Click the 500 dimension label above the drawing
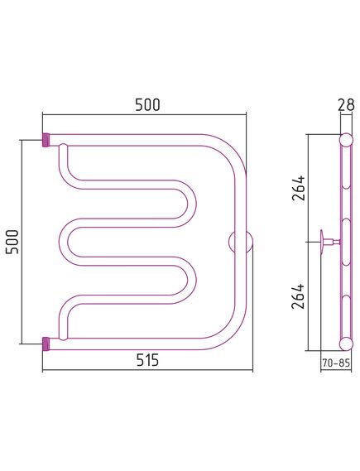(147, 105)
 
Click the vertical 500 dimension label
(12, 242)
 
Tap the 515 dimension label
(147, 360)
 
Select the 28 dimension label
(346, 105)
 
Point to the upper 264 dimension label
(299, 188)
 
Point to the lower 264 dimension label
(299, 296)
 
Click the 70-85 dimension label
(336, 363)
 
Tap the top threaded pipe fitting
(46, 140)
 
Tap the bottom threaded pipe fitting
(46, 344)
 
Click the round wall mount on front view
(240, 242)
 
